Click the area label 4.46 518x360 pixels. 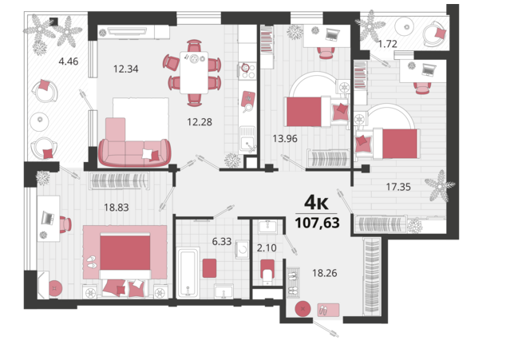[x=69, y=61]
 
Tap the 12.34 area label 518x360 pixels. [x=126, y=69]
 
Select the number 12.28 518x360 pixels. [x=200, y=122]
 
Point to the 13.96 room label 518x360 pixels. [x=285, y=139]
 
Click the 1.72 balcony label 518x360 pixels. [x=388, y=44]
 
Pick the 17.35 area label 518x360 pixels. [x=398, y=188]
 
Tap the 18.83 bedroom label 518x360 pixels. [x=117, y=208]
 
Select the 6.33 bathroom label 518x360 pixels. [x=222, y=242]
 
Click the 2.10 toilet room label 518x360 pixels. [x=267, y=248]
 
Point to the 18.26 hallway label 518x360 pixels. [x=325, y=273]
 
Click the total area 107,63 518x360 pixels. [x=317, y=223]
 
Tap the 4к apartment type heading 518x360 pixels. [x=316, y=203]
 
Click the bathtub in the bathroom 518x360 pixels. [x=188, y=273]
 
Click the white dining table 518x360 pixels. [x=194, y=73]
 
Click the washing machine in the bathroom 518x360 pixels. [x=242, y=249]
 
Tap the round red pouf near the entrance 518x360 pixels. [x=302, y=309]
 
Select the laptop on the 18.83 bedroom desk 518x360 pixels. [x=48, y=218]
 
